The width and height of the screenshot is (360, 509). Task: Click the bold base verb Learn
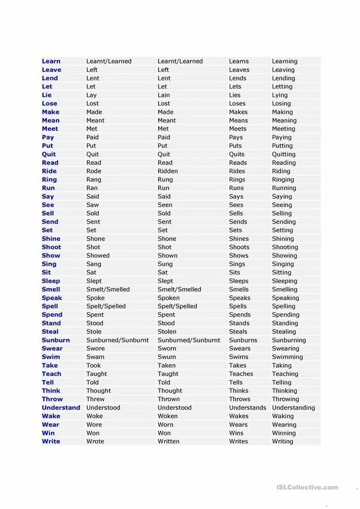pos(51,61)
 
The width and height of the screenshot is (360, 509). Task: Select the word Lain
pos(164,95)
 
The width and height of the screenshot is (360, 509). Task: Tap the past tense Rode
pos(94,171)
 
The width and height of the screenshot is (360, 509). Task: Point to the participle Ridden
pos(168,171)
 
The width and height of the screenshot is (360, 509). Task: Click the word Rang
pos(94,180)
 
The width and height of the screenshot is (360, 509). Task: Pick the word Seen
pos(165,205)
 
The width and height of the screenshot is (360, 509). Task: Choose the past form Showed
pos(98,255)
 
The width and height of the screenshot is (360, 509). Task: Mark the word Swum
pos(167,357)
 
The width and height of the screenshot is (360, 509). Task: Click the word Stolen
pos(167,331)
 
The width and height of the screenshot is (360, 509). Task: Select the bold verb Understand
pos(61,408)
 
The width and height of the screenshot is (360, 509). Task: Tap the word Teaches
pos(241,374)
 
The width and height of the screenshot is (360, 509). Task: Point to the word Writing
pos(283,441)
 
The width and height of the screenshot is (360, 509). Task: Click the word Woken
pos(168,416)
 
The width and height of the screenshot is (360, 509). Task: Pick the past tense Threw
pos(95,399)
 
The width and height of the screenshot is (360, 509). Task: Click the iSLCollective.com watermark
pos(307,487)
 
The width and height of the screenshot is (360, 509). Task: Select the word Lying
pos(280,95)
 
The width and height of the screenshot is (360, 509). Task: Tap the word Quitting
pos(284,154)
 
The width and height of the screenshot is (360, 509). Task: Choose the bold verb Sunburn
pos(55,340)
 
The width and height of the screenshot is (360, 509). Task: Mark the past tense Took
pos(94,366)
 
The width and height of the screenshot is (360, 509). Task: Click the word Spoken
pos(168,298)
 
